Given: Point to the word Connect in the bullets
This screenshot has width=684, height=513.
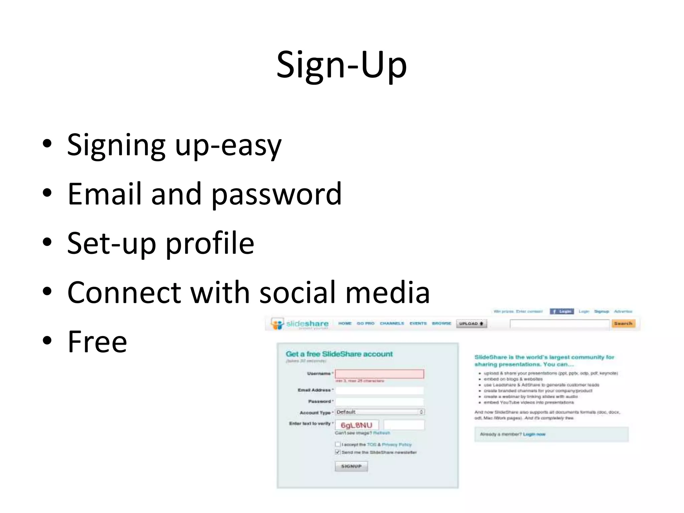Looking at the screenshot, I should (124, 292).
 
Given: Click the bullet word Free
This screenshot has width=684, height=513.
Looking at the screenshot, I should (97, 341).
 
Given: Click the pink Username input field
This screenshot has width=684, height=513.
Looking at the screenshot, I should (379, 374).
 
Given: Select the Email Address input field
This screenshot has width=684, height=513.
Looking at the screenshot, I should (379, 390).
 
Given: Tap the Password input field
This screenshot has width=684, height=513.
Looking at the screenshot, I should (379, 401).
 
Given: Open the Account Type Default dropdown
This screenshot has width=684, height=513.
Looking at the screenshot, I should (380, 412).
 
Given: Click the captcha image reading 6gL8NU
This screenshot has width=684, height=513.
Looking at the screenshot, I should (356, 425).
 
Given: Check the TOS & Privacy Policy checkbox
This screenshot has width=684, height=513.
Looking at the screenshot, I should (338, 444).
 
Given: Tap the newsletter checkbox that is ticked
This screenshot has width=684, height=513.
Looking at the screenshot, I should (338, 452).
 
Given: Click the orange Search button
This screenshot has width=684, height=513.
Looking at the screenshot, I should (623, 323).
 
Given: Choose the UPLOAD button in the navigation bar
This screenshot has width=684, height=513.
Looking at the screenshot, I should (471, 323).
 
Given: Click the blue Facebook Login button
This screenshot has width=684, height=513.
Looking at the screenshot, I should (562, 311).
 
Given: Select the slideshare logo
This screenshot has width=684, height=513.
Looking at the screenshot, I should (300, 324).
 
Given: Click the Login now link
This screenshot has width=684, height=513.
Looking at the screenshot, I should (534, 434).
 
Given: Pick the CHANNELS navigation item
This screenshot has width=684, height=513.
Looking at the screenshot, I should (392, 323).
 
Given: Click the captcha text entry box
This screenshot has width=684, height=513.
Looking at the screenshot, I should (404, 425).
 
